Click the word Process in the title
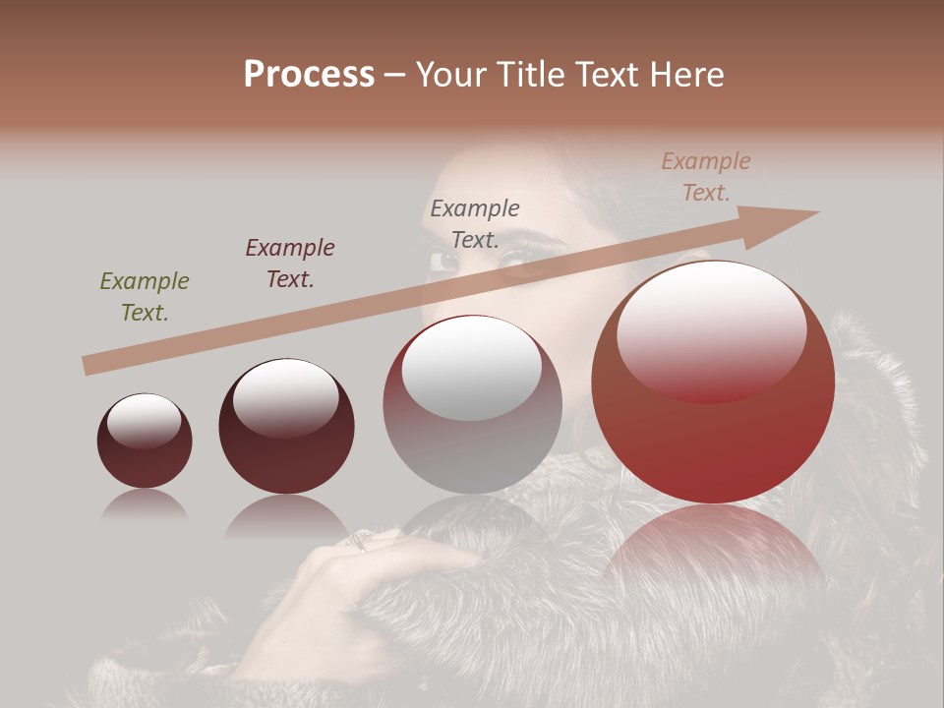[309, 75]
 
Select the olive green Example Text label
[145, 297]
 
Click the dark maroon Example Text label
[290, 264]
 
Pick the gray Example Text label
[475, 224]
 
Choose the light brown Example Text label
[706, 177]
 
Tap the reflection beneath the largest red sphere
[713, 551]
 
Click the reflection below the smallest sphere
[145, 505]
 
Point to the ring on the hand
[361, 540]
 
